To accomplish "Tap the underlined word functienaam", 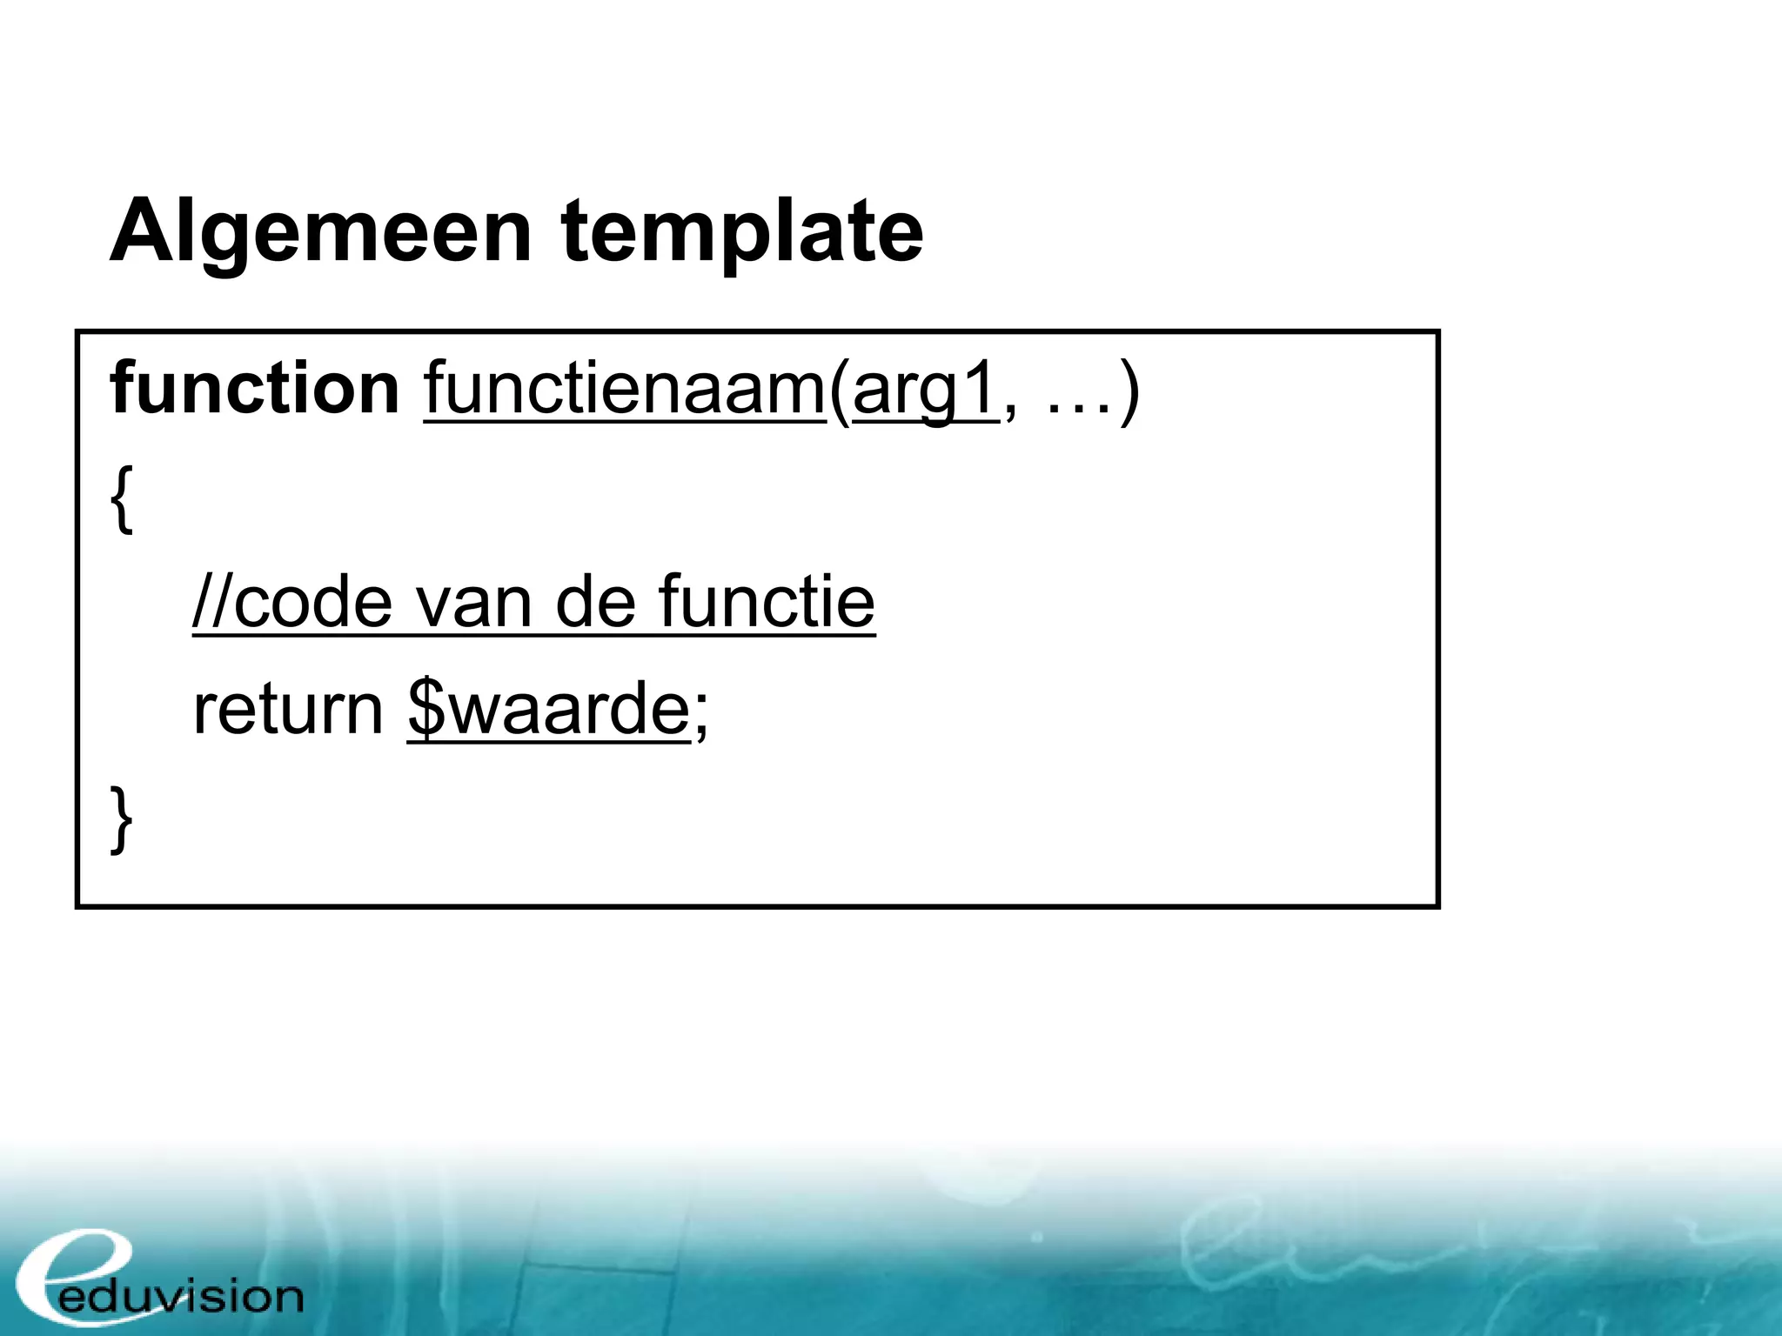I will (x=624, y=390).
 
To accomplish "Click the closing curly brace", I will (x=122, y=818).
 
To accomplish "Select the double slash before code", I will (x=211, y=602).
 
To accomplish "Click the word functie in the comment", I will (x=766, y=602).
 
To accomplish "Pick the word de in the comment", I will (x=595, y=602).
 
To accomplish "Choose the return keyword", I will (x=287, y=710).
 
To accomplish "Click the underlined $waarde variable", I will (x=548, y=710).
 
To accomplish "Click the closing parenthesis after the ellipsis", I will (x=1129, y=391).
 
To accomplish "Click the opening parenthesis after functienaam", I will (x=839, y=391).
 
